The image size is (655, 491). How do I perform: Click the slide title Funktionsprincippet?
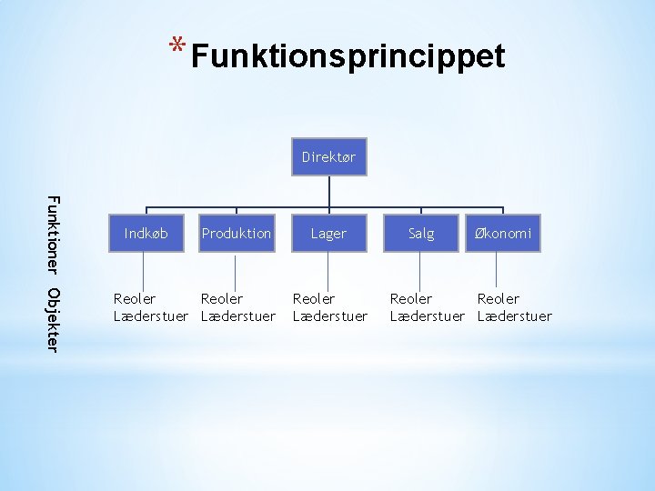pos(348,56)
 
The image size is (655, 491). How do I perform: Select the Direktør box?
pos(328,157)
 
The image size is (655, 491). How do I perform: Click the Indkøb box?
pos(146,234)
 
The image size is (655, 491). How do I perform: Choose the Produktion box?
pos(237,234)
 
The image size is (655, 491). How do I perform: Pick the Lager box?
pos(328,234)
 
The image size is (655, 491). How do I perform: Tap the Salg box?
pos(420,234)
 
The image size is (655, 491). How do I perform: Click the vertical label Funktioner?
pos(53,235)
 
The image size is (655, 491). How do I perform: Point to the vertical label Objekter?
pos(53,319)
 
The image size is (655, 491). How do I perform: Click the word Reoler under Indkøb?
pos(134,299)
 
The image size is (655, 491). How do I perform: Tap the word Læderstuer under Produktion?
pos(237,316)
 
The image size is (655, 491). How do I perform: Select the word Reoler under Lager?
pos(314,299)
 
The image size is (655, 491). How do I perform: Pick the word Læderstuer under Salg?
pos(428,316)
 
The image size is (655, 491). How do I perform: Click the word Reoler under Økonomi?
pos(499,299)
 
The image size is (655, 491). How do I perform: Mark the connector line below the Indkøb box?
pos(146,271)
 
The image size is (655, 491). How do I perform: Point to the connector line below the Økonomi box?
pos(497,271)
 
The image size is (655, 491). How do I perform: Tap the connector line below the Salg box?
pos(420,271)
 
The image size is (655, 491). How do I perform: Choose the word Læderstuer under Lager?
pos(330,316)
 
